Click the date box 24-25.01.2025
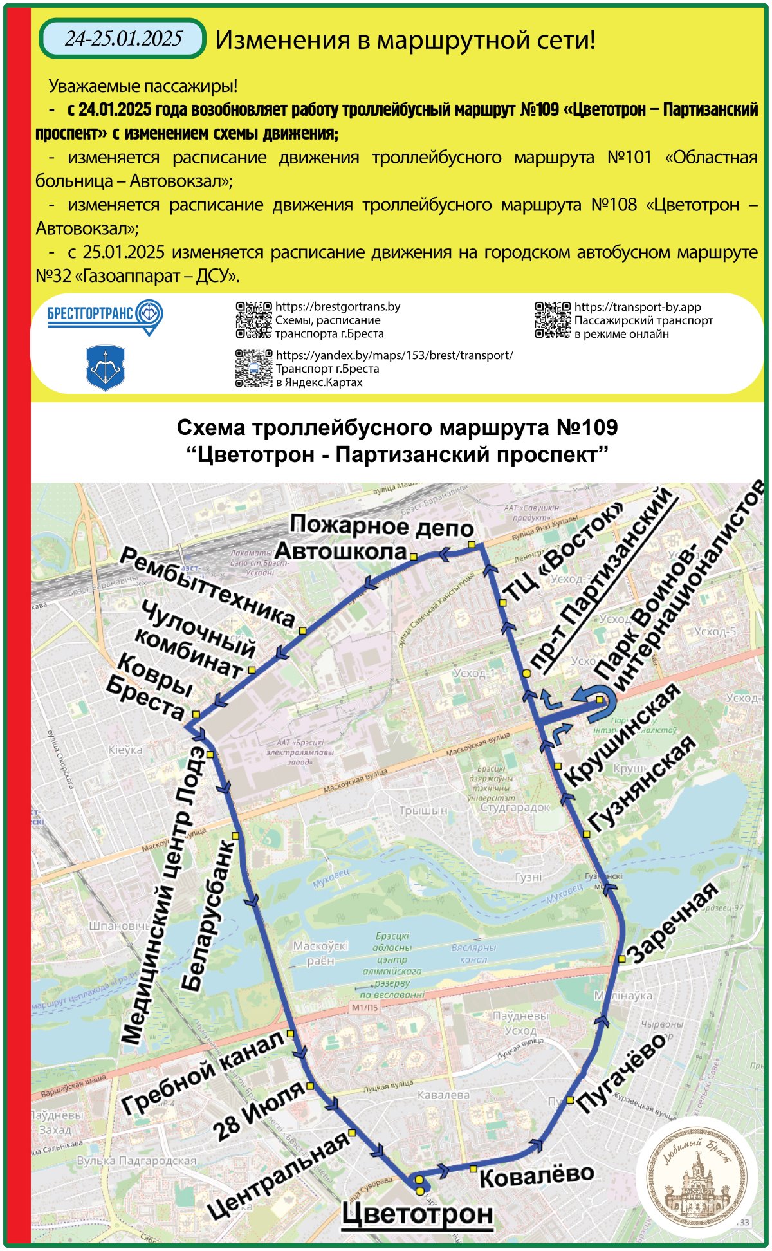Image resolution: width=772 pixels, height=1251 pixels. click(x=123, y=39)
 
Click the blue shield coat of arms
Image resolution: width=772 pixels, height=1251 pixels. click(x=106, y=368)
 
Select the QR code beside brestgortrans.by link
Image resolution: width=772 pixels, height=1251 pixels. click(x=253, y=320)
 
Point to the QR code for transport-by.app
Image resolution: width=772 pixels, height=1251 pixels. click(x=553, y=320)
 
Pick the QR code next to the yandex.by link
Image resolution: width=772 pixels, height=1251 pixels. click(x=253, y=368)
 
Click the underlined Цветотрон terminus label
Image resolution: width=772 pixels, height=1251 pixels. click(x=417, y=1214)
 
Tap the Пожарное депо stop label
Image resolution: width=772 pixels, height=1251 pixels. click(x=381, y=526)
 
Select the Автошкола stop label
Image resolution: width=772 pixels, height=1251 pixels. click(x=341, y=551)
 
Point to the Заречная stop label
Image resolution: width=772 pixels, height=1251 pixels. click(x=672, y=923)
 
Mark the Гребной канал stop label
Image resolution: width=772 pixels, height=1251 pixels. click(x=203, y=1072)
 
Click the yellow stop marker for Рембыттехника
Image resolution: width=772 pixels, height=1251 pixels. click(x=302, y=631)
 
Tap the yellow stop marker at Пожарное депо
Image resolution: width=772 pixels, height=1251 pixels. click(x=472, y=545)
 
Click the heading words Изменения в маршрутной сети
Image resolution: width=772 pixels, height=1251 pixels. click(x=405, y=40)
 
